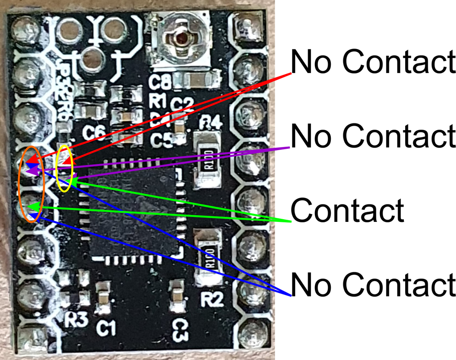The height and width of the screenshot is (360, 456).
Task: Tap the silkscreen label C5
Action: point(161,140)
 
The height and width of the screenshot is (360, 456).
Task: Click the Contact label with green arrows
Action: point(347,210)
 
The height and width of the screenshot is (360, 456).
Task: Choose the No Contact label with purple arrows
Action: point(373,135)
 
